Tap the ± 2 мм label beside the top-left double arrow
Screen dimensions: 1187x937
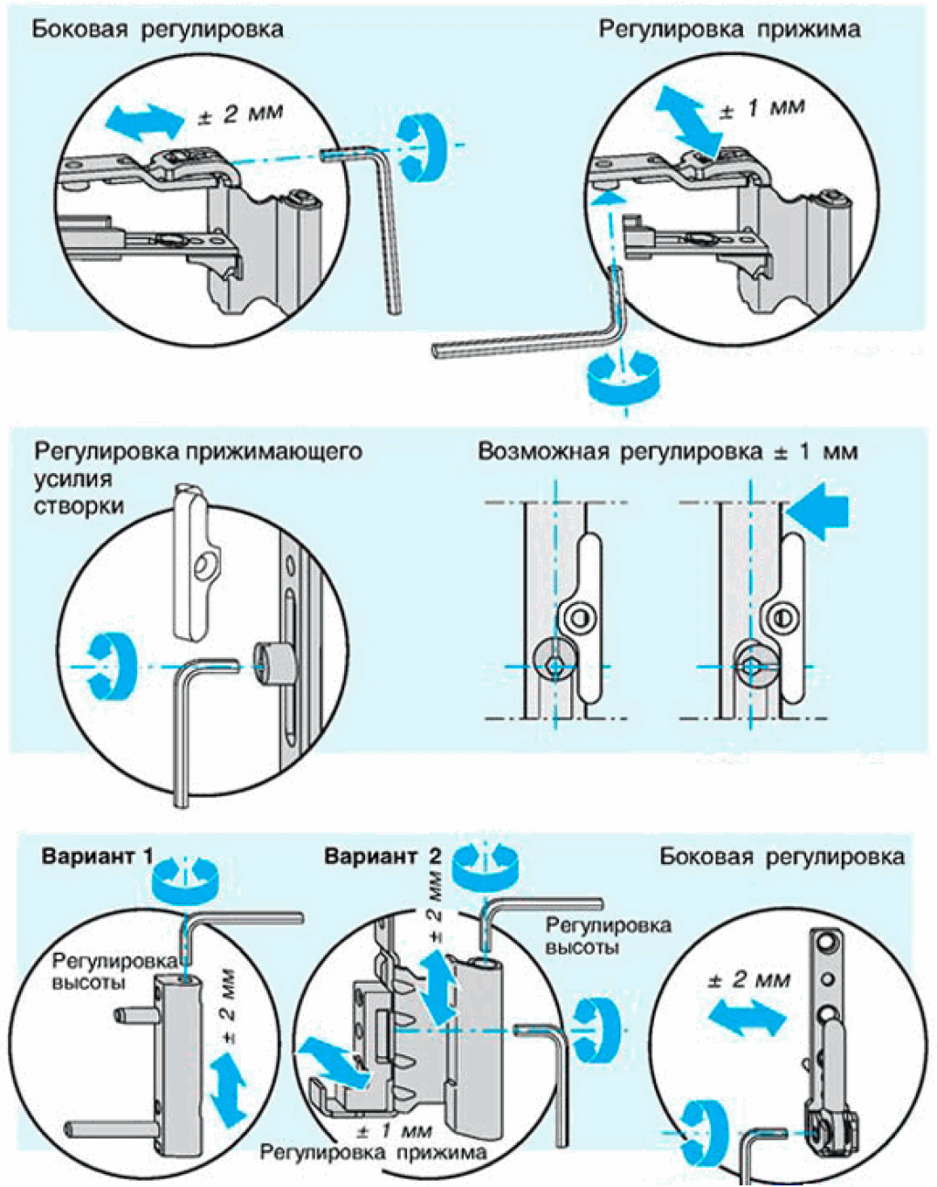click(242, 114)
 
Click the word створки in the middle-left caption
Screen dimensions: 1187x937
click(79, 506)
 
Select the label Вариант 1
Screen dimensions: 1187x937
click(97, 858)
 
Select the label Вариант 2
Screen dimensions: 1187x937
click(382, 858)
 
